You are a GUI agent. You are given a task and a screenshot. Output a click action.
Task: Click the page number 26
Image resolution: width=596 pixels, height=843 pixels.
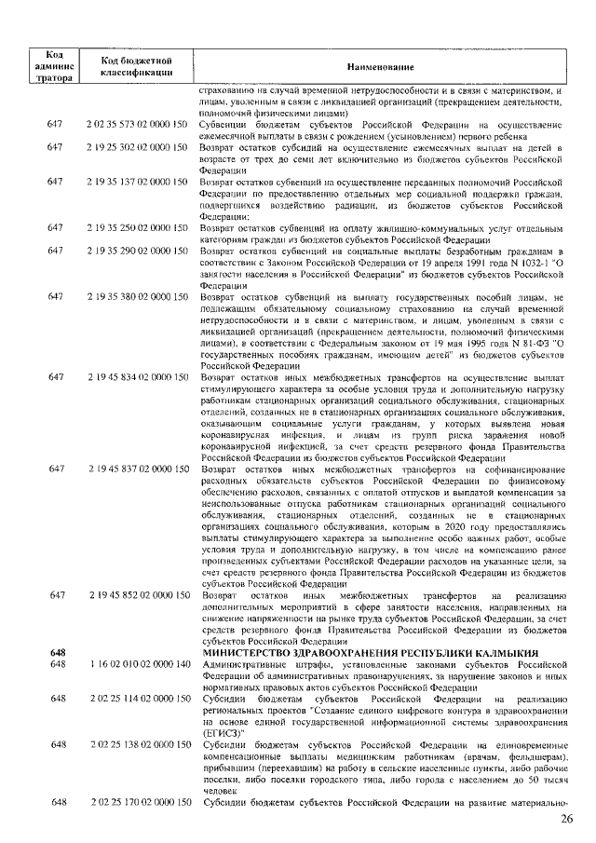click(x=567, y=820)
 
